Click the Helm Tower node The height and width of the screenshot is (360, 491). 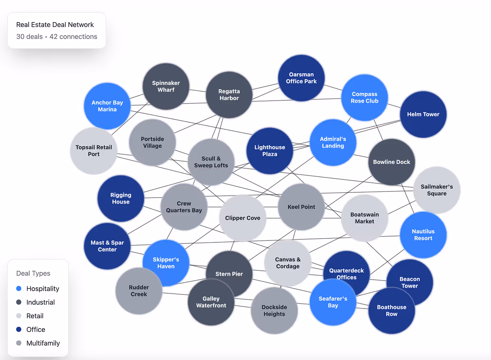[423, 115]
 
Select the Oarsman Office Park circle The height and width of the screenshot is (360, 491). [301, 78]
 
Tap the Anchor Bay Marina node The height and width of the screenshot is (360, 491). [107, 106]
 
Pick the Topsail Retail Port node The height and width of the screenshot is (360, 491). [94, 151]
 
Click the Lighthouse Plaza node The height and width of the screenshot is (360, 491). [270, 151]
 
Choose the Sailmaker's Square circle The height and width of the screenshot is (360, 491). [437, 190]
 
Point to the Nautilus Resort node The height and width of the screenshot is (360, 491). [423, 235]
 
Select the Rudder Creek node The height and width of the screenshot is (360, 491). [139, 291]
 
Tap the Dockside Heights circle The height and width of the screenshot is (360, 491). [274, 311]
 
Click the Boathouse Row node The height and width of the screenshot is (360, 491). [392, 311]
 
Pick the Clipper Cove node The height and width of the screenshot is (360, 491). [243, 218]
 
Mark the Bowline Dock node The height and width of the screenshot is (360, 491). [392, 162]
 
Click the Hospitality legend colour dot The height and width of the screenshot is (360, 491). [19, 289]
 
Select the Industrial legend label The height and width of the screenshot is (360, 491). [41, 302]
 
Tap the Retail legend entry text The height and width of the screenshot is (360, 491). [35, 316]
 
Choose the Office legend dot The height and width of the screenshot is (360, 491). [19, 330]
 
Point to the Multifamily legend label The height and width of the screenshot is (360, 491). [43, 343]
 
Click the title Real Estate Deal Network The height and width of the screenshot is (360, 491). [55, 25]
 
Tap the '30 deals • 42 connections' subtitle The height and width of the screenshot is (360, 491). [56, 37]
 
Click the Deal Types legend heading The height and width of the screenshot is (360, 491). [33, 273]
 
